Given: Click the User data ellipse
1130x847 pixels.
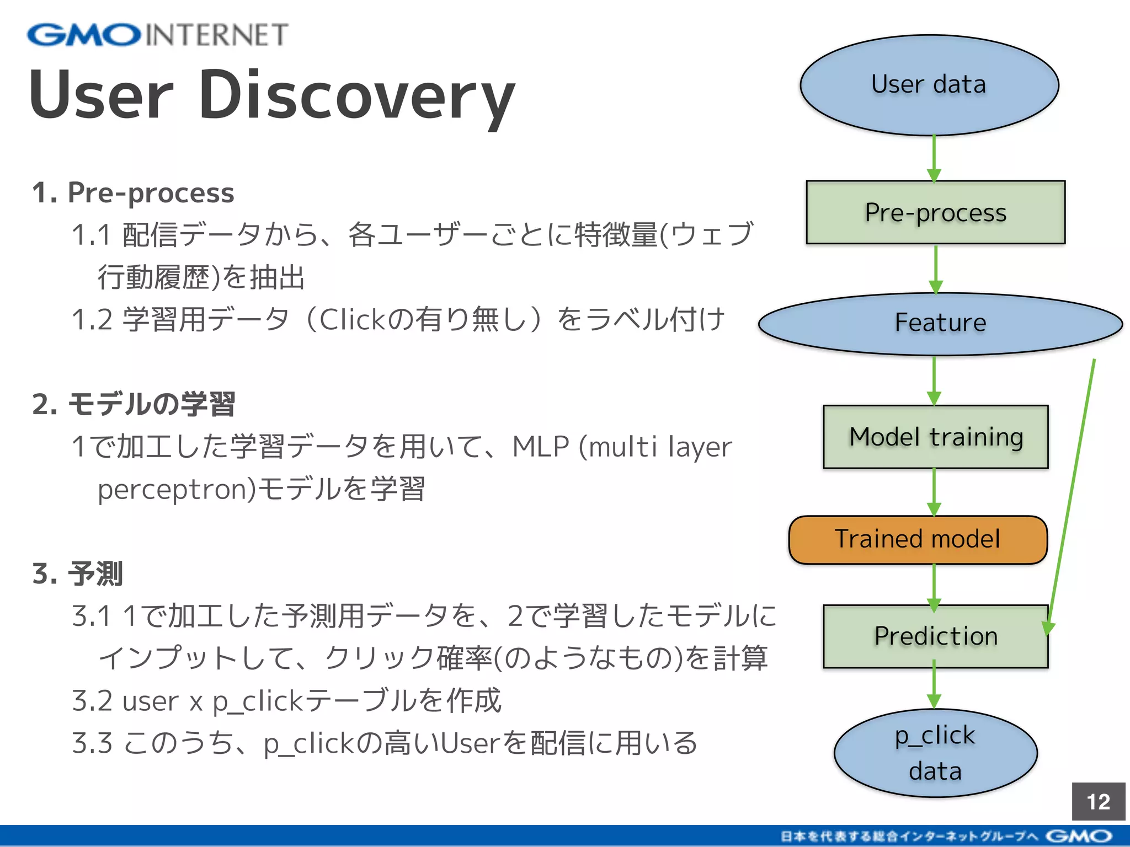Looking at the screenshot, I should pos(929,85).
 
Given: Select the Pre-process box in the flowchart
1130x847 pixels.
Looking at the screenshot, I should pos(935,212).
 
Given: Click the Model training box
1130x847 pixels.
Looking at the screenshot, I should pos(935,437).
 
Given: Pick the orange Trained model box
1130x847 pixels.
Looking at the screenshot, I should pos(918,539).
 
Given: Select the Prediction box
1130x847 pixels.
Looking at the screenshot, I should pos(935,636).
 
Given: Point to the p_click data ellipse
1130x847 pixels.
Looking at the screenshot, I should pos(935,753).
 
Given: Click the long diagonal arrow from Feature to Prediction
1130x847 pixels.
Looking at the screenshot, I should pos(1072,496).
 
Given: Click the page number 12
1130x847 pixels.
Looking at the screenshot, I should pos(1098,801).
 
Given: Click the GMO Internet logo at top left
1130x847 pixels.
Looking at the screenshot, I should pos(158,35).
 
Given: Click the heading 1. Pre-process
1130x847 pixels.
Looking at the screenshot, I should pos(133,193).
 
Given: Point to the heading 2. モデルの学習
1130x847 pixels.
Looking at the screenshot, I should pos(133,404).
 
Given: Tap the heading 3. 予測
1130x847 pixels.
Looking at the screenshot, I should pos(77,573).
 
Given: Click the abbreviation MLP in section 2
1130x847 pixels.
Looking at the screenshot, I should pos(540,447).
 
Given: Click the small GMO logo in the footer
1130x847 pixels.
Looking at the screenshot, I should pos(1079,837).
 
